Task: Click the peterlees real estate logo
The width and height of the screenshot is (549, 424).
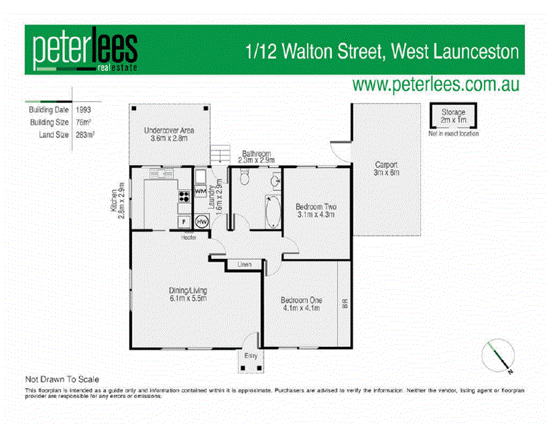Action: click(85, 51)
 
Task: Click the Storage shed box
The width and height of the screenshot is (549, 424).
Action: click(453, 116)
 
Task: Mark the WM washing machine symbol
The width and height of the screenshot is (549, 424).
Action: click(200, 190)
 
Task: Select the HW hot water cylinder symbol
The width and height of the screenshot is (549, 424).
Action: click(202, 222)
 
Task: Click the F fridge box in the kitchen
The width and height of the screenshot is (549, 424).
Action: click(184, 222)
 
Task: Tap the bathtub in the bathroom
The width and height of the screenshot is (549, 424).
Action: click(272, 212)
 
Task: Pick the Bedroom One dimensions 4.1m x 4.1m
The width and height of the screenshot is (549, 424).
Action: click(302, 309)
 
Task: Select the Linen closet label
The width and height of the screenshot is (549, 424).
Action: click(244, 264)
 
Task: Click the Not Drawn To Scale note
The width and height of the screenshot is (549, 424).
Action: click(63, 379)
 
